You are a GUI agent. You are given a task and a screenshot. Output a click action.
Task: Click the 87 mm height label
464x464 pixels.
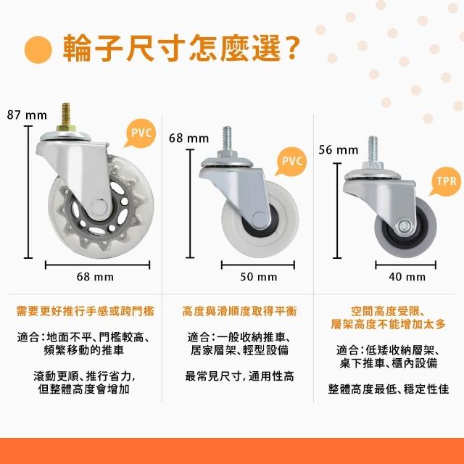tap(27, 115)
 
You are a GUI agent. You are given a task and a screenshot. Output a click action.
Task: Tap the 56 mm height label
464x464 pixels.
tap(339, 150)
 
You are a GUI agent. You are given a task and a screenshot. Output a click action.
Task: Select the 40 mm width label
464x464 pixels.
tap(407, 277)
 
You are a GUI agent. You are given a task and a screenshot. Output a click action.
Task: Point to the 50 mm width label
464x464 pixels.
tap(259, 277)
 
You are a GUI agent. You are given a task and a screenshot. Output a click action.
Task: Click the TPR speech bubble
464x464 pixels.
tap(447, 181)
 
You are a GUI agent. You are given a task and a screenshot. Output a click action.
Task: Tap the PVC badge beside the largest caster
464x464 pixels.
tap(141, 133)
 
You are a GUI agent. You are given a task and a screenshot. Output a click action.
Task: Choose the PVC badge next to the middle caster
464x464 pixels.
tap(291, 161)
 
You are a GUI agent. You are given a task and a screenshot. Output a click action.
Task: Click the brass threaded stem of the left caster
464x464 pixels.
tap(66, 115)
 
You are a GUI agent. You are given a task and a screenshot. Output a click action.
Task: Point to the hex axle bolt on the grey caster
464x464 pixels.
tap(403, 226)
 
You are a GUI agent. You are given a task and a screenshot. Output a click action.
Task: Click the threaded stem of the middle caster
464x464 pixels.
tap(227, 138)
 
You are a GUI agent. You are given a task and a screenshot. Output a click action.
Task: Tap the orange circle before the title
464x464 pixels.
tap(38, 50)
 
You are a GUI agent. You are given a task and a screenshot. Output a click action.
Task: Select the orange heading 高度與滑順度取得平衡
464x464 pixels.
tap(239, 311)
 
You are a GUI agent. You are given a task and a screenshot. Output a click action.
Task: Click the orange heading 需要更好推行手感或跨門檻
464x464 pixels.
tap(86, 311)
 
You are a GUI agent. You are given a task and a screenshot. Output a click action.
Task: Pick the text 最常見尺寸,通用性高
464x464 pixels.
tap(239, 376)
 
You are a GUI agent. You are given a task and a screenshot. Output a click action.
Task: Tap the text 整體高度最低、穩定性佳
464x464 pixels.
tap(389, 389)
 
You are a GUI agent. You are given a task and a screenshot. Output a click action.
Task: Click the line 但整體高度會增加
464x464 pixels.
tap(84, 389)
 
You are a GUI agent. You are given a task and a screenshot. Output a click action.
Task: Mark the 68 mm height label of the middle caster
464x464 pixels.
tap(188, 138)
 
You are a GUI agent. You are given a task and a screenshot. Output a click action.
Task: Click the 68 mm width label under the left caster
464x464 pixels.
tap(95, 277)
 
